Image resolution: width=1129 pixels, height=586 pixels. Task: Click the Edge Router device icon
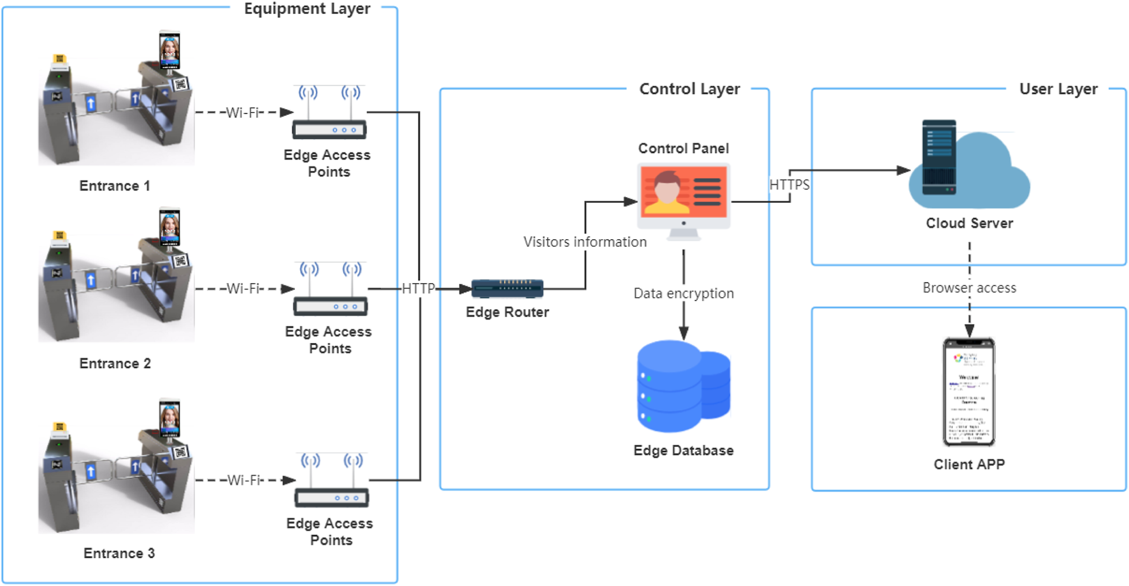(507, 288)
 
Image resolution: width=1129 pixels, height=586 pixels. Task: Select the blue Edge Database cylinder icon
(683, 386)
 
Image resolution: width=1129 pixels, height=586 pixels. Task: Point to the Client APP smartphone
(968, 392)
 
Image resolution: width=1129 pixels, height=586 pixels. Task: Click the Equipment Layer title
(307, 9)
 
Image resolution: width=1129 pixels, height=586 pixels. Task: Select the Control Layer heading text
(689, 89)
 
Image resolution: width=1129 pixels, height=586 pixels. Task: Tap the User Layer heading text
(1058, 89)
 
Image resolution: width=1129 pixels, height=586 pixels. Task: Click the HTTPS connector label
(789, 185)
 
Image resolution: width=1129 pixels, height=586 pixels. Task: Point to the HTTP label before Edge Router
(418, 288)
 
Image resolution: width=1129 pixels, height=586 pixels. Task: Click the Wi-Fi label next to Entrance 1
(244, 113)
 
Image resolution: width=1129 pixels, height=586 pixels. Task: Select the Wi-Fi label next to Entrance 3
(245, 480)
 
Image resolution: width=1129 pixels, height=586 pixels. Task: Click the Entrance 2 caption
(115, 363)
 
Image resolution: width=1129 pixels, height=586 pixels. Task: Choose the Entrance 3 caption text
(119, 553)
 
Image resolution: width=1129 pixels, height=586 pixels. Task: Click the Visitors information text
(584, 242)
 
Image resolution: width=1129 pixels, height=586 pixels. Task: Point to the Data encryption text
(683, 293)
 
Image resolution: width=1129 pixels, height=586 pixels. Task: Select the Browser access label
(968, 288)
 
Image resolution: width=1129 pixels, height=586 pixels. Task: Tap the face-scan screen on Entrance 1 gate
(169, 50)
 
